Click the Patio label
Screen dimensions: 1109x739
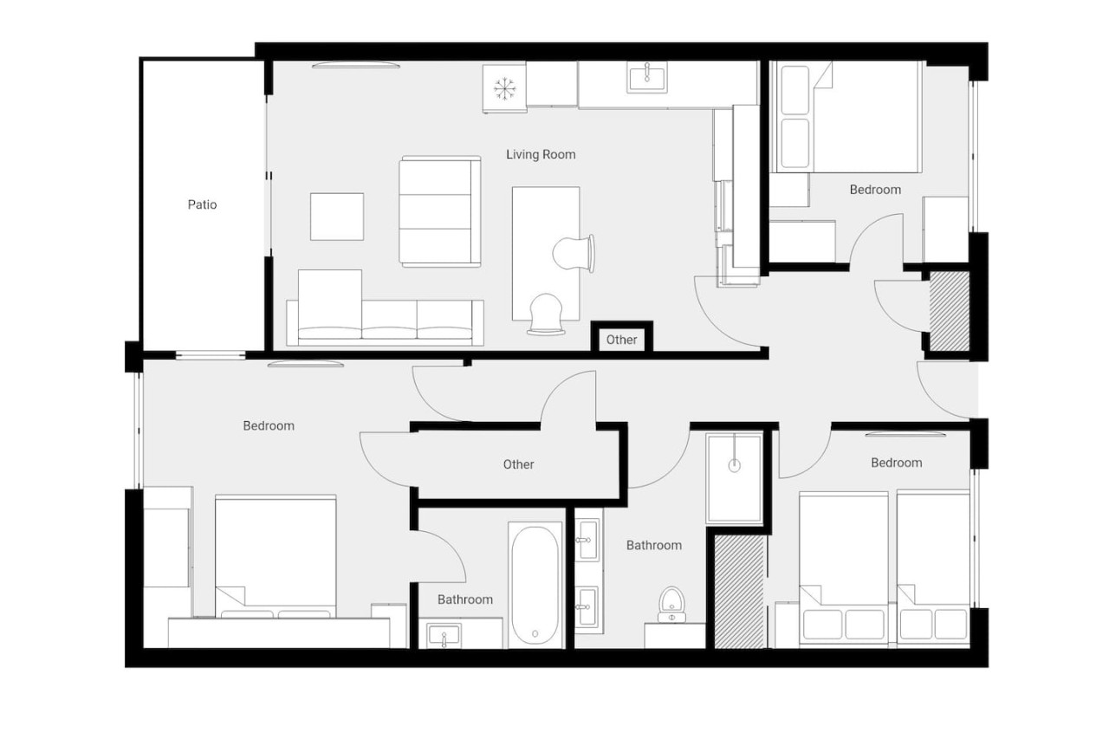[202, 204]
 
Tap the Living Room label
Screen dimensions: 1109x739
[541, 154]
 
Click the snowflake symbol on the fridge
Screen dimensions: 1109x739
[504, 88]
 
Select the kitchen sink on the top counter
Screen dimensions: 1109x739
[646, 77]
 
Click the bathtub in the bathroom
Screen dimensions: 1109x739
[535, 585]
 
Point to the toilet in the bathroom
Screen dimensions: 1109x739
[671, 604]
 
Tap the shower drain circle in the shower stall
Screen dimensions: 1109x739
[734, 465]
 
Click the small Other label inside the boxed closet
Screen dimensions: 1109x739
[621, 340]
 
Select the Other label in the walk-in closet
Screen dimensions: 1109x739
[518, 464]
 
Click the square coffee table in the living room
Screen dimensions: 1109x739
[337, 217]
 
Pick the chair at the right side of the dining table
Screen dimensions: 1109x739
[574, 254]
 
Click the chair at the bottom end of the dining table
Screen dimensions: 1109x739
[546, 314]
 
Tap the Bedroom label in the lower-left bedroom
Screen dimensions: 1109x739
[269, 425]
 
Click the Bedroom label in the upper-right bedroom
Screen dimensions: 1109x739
[875, 190]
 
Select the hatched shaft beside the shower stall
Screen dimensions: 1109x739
[740, 592]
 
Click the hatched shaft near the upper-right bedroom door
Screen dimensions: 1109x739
[949, 311]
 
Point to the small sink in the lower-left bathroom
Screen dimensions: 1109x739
[444, 635]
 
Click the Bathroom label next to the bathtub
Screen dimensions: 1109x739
[465, 600]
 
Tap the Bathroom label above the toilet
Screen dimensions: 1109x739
[653, 545]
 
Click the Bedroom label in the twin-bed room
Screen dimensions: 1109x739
[896, 463]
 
